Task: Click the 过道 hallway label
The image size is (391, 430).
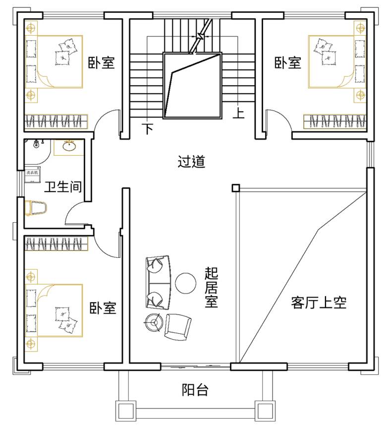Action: click(191, 162)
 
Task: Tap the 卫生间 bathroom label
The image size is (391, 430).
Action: click(63, 187)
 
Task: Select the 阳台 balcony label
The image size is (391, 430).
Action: click(195, 390)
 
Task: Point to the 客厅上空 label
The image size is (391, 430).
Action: click(319, 303)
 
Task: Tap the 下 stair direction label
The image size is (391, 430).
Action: click(148, 129)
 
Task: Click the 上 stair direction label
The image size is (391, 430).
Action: click(239, 114)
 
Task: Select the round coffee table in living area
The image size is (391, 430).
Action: click(186, 283)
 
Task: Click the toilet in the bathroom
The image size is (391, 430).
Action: click(35, 208)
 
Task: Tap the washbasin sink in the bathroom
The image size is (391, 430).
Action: click(68, 147)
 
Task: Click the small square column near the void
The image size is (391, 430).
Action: click(235, 188)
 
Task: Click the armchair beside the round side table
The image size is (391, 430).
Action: click(177, 326)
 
